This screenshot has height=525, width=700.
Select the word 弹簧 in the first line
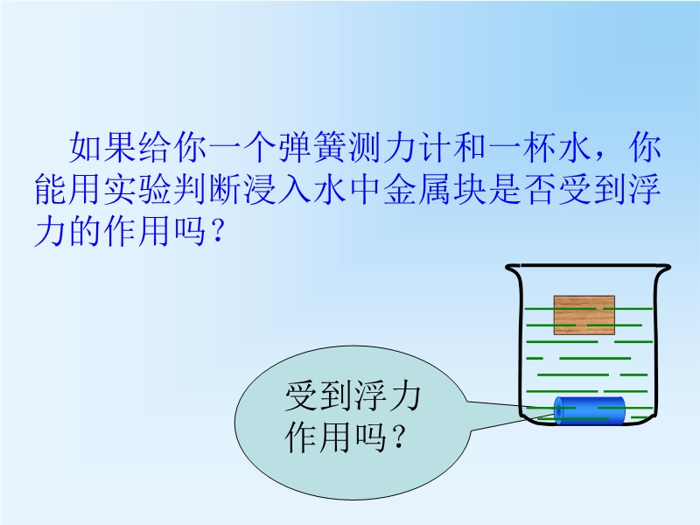(312, 147)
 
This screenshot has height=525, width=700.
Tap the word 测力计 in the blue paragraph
(399, 147)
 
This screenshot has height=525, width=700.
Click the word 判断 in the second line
(207, 190)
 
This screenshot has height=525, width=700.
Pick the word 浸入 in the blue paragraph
(276, 190)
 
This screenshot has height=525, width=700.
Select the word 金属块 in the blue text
(434, 190)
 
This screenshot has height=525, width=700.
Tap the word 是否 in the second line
(521, 190)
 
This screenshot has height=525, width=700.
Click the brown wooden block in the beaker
(584, 315)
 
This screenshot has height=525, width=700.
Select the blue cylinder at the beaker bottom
(589, 410)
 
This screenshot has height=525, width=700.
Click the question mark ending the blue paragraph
(218, 232)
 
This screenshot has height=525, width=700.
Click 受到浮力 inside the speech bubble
(353, 396)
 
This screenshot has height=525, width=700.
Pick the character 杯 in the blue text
(538, 147)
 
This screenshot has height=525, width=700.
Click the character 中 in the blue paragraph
(364, 190)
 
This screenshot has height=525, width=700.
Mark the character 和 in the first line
(469, 147)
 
